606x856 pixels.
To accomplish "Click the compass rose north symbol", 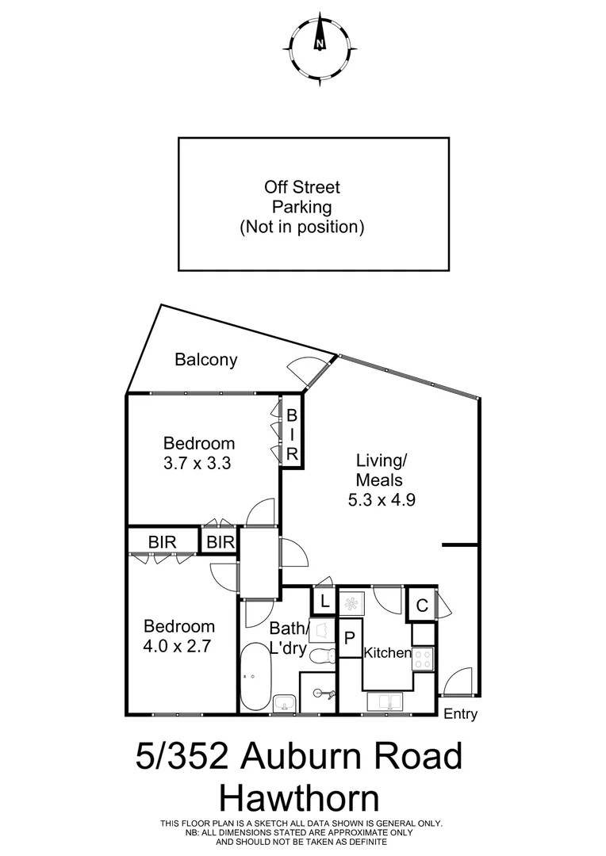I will click(x=320, y=44).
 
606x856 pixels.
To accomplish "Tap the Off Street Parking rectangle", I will click(x=313, y=204).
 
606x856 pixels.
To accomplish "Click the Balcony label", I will click(x=205, y=360).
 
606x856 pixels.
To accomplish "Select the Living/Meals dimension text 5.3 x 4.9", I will click(x=382, y=500).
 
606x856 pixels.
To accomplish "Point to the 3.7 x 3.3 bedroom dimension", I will click(x=197, y=464).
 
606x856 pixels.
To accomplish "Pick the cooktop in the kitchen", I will click(x=423, y=655).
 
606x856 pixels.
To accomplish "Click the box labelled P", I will click(x=348, y=639).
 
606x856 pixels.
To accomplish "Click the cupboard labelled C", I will click(x=422, y=606).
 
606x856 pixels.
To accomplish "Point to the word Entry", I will click(x=460, y=715).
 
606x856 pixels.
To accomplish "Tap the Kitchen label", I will click(x=387, y=653).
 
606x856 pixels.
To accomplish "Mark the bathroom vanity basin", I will click(x=284, y=703).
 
